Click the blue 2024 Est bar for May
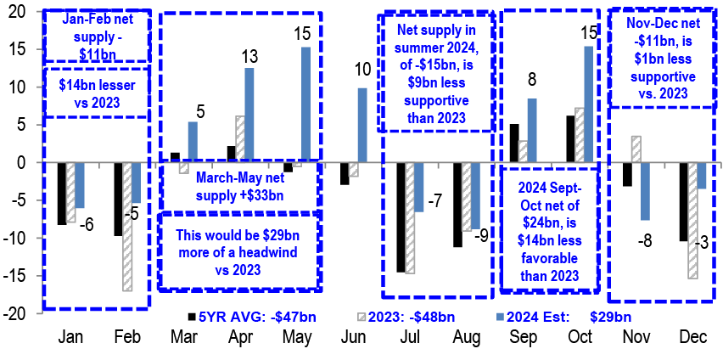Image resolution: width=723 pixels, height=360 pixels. [x=305, y=104]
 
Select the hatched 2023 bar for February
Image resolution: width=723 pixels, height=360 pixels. [x=126, y=227]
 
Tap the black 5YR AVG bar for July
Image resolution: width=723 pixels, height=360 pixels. [x=401, y=217]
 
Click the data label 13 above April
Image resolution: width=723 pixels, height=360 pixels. [x=249, y=57]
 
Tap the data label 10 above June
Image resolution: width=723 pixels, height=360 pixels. [x=362, y=70]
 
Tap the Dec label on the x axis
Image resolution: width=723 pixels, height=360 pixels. [x=691, y=338]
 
